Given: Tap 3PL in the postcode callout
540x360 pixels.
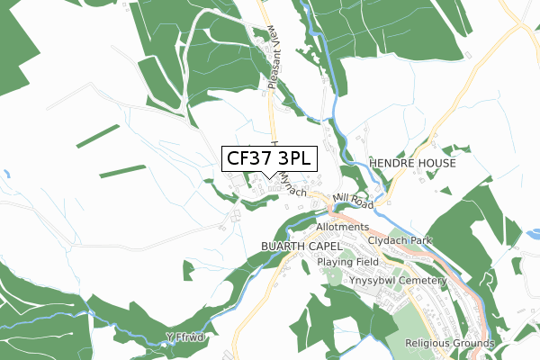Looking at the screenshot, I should coord(293,159).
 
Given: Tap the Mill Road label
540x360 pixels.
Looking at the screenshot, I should coord(350,200).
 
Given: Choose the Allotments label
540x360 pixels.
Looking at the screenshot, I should coord(342,228).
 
